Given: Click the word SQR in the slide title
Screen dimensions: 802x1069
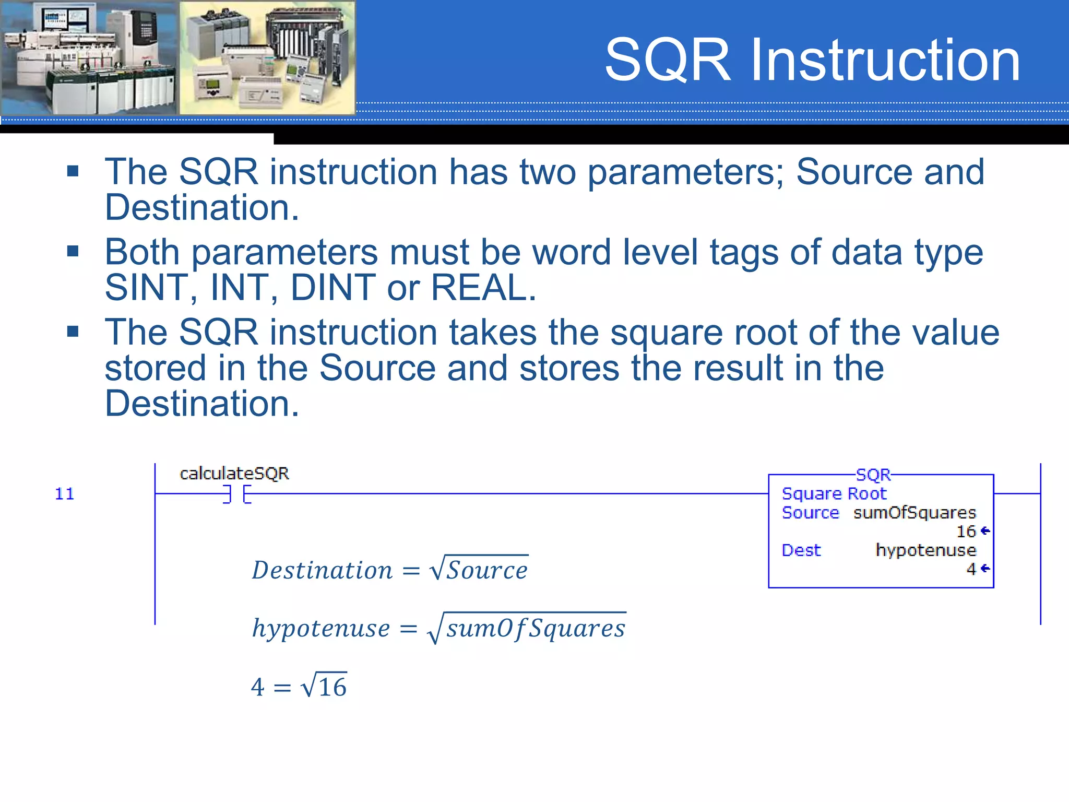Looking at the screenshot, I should pyautogui.click(x=668, y=61).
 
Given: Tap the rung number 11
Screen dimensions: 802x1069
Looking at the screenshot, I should pyautogui.click(x=65, y=493).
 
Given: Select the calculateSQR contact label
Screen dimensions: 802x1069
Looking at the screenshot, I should pyautogui.click(x=234, y=473).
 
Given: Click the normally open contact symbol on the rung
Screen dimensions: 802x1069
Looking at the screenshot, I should pyautogui.click(x=237, y=493).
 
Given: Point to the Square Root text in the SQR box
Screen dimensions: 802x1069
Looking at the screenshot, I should pyautogui.click(x=834, y=493).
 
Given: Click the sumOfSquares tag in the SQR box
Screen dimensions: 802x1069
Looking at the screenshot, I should pyautogui.click(x=914, y=513).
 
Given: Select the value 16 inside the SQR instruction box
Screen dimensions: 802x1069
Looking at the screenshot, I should pyautogui.click(x=966, y=532).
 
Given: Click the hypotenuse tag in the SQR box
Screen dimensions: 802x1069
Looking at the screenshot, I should pyautogui.click(x=925, y=550).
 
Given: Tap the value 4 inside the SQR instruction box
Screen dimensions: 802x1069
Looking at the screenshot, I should pyautogui.click(x=971, y=569).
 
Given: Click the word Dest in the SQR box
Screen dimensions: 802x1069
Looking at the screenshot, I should pyautogui.click(x=801, y=550).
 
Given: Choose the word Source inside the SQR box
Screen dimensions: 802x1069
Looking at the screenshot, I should pyautogui.click(x=810, y=513).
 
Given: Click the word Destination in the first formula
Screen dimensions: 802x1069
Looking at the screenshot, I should pyautogui.click(x=322, y=570).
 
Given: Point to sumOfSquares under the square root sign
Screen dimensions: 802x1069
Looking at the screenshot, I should pyautogui.click(x=536, y=628).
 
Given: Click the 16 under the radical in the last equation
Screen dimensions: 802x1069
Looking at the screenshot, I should pyautogui.click(x=332, y=687).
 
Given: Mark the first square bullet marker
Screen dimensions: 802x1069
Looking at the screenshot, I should pyautogui.click(x=73, y=171).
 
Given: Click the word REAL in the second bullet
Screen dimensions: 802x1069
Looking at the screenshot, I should pyautogui.click(x=483, y=287).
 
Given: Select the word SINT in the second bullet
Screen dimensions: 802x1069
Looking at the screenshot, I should pyautogui.click(x=147, y=287).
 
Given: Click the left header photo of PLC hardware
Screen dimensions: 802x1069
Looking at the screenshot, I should pyautogui.click(x=89, y=57).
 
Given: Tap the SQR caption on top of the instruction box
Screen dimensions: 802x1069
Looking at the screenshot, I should pyautogui.click(x=873, y=475).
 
